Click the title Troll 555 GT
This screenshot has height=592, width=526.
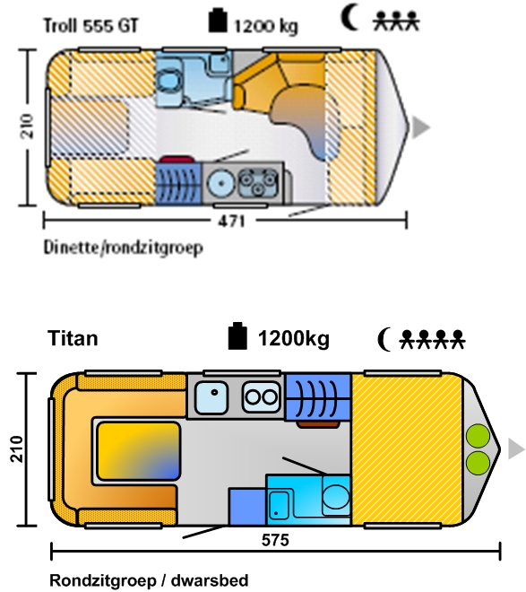(x=91, y=26)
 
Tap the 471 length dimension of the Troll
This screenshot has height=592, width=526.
(x=231, y=221)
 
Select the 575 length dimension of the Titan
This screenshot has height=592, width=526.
(x=275, y=540)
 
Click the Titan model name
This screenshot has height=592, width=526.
(x=73, y=338)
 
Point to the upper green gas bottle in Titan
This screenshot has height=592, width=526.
(x=478, y=436)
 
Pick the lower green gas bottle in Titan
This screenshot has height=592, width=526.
(x=478, y=463)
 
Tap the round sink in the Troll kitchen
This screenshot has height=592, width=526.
(x=221, y=184)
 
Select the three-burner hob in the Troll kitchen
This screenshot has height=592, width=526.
(x=259, y=182)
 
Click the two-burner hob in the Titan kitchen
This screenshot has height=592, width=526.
(x=261, y=396)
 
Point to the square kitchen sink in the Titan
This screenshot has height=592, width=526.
(x=211, y=397)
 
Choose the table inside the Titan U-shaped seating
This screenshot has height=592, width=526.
(x=138, y=451)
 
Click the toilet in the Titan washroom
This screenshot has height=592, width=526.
(x=336, y=494)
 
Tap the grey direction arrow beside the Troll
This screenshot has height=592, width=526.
(x=421, y=127)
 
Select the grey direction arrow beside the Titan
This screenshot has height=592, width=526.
(x=516, y=449)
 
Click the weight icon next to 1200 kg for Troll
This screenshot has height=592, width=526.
(x=218, y=20)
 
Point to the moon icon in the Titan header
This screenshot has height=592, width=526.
(x=384, y=339)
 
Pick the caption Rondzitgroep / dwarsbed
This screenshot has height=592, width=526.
(x=149, y=580)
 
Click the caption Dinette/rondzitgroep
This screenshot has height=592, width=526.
(x=124, y=248)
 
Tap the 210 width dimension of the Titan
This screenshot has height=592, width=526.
(x=17, y=448)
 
